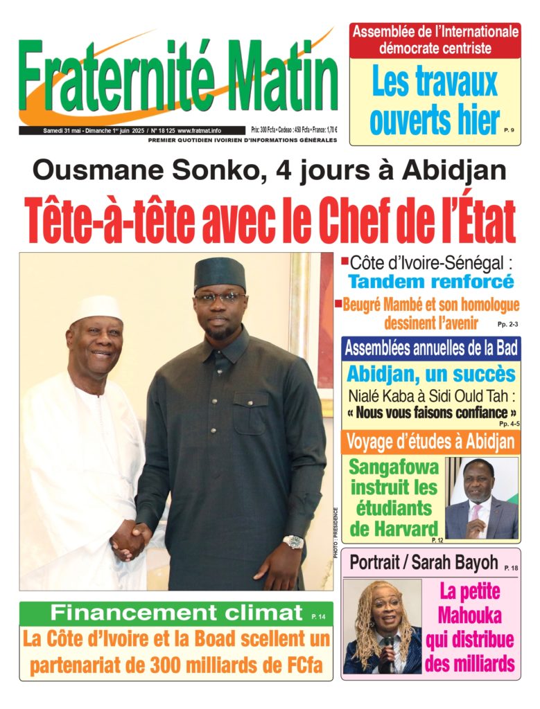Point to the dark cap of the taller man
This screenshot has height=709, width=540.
pos(219,273)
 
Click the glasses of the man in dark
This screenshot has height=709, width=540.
pos(218,298)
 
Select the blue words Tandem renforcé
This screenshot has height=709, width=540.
pos(430,282)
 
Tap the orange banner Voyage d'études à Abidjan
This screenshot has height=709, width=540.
pos(430,442)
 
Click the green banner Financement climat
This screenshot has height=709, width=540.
pos(176,612)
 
